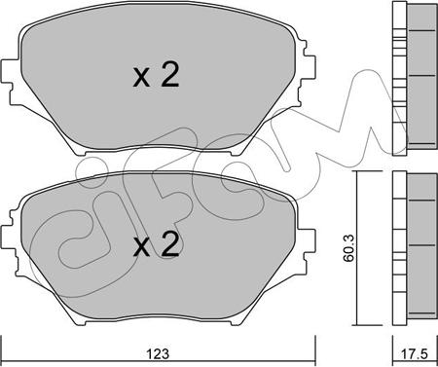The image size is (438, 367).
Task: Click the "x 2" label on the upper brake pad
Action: (x=157, y=78)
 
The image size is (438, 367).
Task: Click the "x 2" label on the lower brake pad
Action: (x=157, y=247)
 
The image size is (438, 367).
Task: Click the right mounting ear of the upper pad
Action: (x=310, y=73)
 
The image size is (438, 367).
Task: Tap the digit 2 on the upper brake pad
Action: (x=170, y=78)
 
